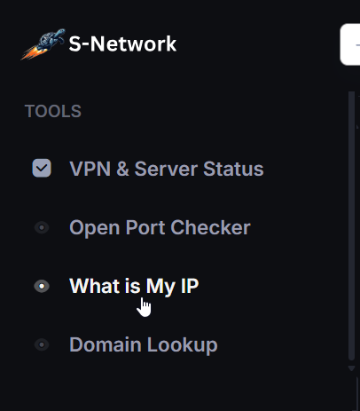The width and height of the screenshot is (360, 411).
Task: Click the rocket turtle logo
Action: pos(43,43)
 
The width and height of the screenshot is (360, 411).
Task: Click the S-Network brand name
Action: pos(122,44)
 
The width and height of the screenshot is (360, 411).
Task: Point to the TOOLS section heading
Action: pos(53,111)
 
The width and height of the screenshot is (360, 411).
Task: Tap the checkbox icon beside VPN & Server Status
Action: pos(42,168)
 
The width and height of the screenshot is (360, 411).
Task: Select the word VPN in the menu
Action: pos(90,169)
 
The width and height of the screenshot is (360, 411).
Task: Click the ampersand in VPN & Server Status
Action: pos(122,169)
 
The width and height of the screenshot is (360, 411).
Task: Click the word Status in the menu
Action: pos(233,169)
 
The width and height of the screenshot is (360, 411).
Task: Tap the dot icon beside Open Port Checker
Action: pos(42,227)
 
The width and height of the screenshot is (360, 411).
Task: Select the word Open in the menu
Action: pos(95,228)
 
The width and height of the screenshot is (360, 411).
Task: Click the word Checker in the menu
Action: pos(210,227)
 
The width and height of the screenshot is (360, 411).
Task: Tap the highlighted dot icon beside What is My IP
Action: pos(42,286)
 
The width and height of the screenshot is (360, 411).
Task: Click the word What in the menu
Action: pos(94,286)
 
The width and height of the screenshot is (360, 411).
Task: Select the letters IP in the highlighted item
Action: pos(190,286)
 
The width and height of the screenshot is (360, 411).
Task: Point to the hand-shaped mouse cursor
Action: pos(144,307)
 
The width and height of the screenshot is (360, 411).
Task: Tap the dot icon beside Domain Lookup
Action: pos(42,344)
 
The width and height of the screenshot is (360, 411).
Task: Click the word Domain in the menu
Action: pos(106,344)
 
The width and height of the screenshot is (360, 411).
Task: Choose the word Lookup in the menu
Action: pos(183,345)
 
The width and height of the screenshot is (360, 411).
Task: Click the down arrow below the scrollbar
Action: pos(351,368)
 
